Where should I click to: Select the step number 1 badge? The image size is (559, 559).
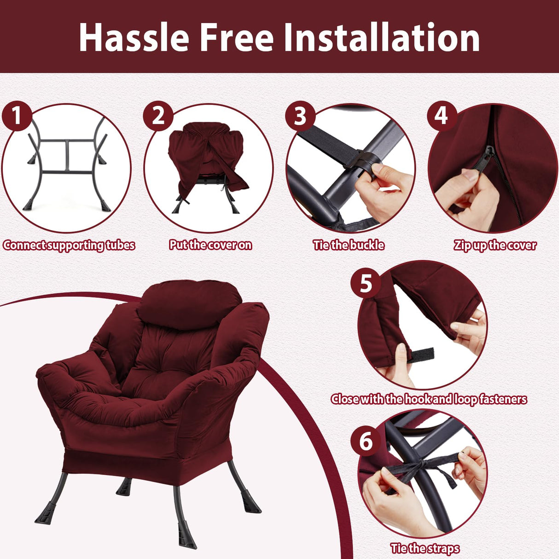(x=17, y=116)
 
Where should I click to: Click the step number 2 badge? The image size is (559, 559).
(x=158, y=116)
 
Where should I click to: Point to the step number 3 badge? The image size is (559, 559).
(x=300, y=116)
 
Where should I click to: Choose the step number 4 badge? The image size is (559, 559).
(x=442, y=116)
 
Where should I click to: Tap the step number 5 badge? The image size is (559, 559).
(x=366, y=283)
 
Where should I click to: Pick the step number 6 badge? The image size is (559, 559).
(x=366, y=441)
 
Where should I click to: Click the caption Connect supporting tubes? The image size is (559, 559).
(x=69, y=245)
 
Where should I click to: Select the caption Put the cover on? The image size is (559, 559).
(x=210, y=245)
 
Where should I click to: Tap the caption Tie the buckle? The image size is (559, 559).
(x=349, y=245)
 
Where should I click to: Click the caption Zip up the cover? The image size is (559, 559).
(x=495, y=245)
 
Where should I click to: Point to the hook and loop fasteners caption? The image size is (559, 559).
(x=429, y=399)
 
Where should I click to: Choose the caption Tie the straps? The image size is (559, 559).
(x=425, y=548)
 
